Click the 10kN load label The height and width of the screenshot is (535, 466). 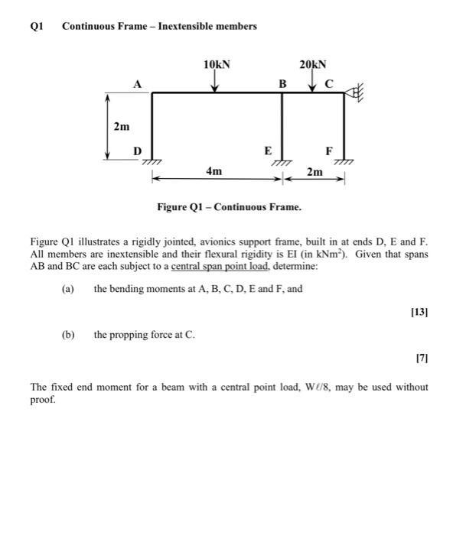[x=217, y=65]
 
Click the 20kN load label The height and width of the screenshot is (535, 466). [x=314, y=65]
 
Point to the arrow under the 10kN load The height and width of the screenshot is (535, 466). [x=217, y=83]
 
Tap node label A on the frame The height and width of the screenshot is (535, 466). [x=138, y=85]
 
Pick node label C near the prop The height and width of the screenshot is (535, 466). [x=329, y=84]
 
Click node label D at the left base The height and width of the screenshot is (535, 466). [x=138, y=151]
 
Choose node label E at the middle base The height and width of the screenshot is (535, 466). [x=268, y=151]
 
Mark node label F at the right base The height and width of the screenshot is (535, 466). [x=329, y=151]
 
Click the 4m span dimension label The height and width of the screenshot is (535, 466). [x=214, y=172]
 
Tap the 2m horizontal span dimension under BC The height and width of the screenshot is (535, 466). [x=314, y=173]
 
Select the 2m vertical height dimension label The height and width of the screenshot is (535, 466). [x=121, y=126]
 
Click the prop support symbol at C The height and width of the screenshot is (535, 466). [x=356, y=93]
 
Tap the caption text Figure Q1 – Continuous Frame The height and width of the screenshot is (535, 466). [x=229, y=207]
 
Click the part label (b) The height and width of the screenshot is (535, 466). [x=68, y=335]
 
